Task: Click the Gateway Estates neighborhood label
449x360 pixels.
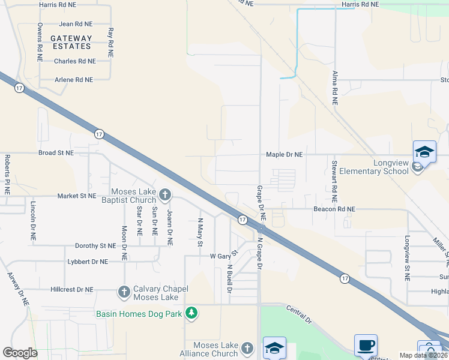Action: (x=71, y=42)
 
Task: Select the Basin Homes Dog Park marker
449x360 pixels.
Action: (x=191, y=313)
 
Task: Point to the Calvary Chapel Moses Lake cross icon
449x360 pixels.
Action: (x=124, y=292)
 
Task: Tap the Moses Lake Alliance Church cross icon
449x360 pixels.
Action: (x=247, y=348)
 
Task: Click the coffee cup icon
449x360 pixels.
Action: (x=366, y=346)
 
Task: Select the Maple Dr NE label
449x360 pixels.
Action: (x=285, y=155)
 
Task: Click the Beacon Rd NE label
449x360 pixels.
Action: (x=334, y=209)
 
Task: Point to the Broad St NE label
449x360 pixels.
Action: (x=56, y=153)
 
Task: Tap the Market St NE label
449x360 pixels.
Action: (x=76, y=196)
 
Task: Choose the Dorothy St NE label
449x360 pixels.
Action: (x=95, y=246)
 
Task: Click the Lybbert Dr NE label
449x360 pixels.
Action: (x=88, y=262)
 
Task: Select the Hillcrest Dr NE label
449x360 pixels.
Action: (x=71, y=289)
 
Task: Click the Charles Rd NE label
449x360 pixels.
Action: (x=74, y=61)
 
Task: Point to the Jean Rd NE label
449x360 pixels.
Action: (x=76, y=24)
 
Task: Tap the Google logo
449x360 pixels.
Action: (x=20, y=353)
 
